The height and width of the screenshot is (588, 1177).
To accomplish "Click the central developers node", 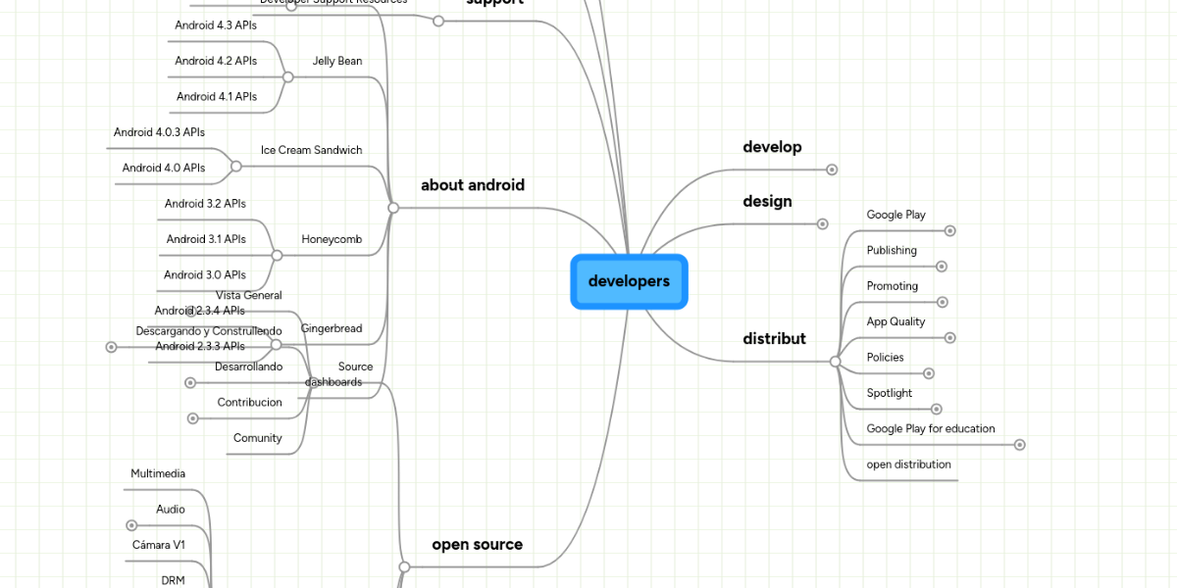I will pos(629,281).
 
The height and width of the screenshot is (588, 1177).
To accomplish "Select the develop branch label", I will pos(772,147).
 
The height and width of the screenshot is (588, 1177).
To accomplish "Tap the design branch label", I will pos(767,201).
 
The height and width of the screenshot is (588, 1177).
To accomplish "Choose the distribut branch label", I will pos(774,338).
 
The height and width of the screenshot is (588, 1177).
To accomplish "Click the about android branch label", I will pos(473,185).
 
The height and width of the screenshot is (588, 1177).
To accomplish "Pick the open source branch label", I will pos(477,544).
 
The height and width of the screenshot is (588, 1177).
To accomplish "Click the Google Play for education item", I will pos(930,428).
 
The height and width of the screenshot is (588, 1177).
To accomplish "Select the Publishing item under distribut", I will pos(892,250).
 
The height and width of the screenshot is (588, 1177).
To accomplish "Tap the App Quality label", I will pos(896,321).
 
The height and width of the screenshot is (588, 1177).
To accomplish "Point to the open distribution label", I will pos(908,465).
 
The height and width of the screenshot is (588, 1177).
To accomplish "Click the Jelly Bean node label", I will pos(337,61).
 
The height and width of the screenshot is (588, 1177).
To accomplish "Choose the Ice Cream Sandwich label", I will pos(311,150).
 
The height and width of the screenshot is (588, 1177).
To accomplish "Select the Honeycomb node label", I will pos(332,239).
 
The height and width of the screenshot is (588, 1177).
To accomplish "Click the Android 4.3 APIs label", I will pos(216,25).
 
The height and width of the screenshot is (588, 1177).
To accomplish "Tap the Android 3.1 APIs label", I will pos(206,239).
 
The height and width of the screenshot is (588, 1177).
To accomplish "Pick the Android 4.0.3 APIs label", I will pos(159,132).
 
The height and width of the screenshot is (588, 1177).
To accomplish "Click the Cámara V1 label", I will pos(159,545).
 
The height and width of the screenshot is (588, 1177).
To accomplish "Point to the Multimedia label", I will pos(158,473).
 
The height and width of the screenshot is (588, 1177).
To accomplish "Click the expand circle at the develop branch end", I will pos(832,170).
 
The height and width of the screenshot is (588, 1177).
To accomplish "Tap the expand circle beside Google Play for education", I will pos(1019,445).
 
